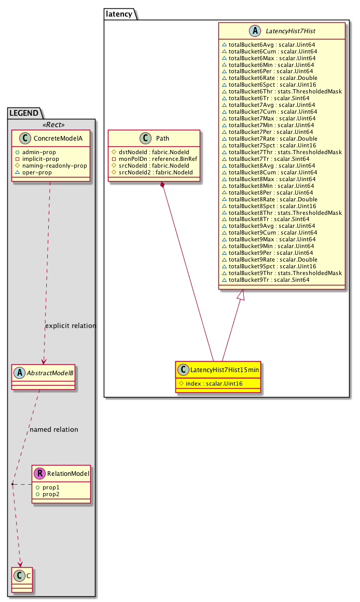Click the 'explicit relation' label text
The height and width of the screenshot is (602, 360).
click(x=71, y=326)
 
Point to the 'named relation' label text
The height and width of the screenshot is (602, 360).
click(x=54, y=430)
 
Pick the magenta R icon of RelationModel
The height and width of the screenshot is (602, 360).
click(x=39, y=473)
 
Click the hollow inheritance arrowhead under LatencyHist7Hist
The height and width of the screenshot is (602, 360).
click(x=240, y=295)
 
